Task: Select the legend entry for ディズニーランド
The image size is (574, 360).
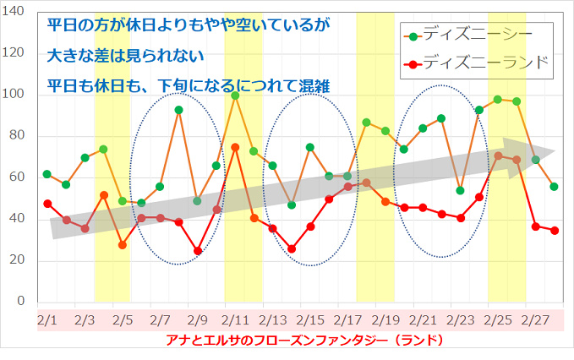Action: [478, 63]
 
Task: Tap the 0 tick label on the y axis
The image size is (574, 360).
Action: [22, 302]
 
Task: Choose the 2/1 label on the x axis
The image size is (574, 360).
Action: [47, 320]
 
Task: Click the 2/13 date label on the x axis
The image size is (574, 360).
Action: [273, 320]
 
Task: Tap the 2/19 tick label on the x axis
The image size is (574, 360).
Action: [386, 320]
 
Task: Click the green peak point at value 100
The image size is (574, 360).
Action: [235, 95]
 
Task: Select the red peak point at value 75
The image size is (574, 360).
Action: [235, 147]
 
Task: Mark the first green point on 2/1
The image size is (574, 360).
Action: [47, 174]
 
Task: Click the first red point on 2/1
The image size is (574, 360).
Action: [47, 204]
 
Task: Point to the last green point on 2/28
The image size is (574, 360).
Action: [555, 187]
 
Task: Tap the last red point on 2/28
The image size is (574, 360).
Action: [555, 230]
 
